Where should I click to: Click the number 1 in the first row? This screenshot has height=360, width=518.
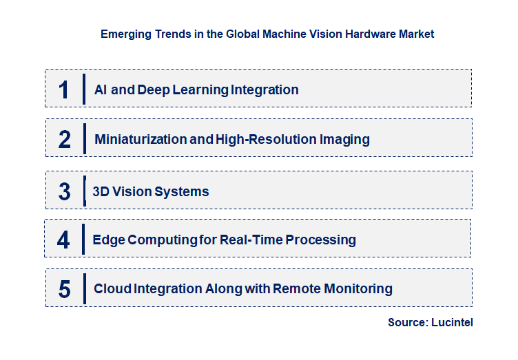coord(64,89)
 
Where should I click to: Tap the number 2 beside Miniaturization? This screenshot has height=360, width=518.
coord(65,140)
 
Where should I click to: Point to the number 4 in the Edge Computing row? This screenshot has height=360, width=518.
coord(63,240)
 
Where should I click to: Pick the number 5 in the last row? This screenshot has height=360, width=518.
coord(64,289)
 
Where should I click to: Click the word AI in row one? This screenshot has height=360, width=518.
coord(101,89)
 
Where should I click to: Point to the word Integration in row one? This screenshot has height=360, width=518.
coord(265,89)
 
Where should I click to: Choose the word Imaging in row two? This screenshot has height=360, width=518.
coord(344,140)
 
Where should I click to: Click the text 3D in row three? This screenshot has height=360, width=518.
coord(101,191)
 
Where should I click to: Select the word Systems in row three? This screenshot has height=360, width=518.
coord(183,191)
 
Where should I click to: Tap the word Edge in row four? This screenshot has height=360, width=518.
coord(107,240)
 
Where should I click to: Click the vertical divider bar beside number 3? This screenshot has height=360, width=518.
coord(84,191)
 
